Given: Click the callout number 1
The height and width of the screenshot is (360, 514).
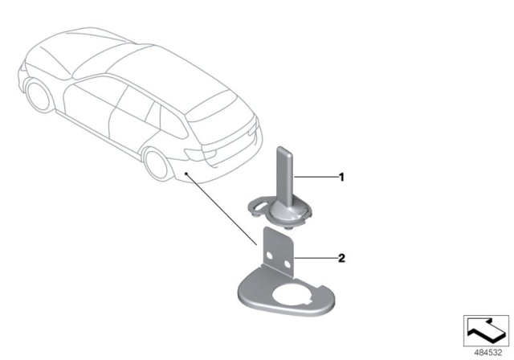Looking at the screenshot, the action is point(341,178).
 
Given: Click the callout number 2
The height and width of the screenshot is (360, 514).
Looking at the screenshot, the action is point(341,259).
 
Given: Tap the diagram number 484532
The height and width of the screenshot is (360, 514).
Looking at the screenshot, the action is point(488,353).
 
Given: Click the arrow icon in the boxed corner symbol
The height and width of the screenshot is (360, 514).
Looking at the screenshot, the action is point(486,330).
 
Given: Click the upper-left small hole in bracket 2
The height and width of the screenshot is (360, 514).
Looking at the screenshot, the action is point(269,255).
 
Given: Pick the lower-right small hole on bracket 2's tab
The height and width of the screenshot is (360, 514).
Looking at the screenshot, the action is point(288,264).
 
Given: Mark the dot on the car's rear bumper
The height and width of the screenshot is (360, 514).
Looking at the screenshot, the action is point(186,173).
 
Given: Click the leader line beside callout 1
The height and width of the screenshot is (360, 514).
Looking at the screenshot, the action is point(316,177).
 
